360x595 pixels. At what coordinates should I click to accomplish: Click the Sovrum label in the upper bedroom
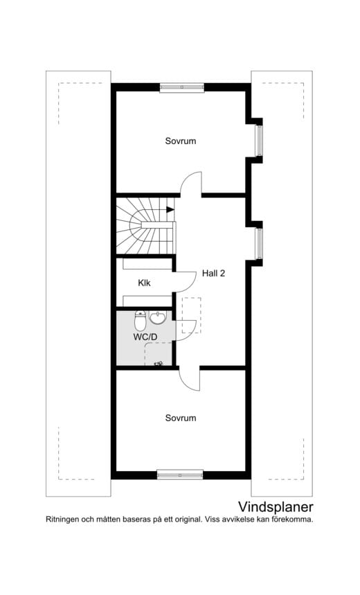coord(181,141)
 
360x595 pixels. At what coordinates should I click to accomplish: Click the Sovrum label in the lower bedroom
coord(181,418)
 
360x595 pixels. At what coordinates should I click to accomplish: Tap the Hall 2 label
coord(213,273)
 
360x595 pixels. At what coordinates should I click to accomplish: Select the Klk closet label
coord(144,283)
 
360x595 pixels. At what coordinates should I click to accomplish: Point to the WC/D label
coord(145,337)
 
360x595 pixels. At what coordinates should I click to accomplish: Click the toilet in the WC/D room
coord(140,321)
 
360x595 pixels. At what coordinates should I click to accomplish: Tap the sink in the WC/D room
coord(157,318)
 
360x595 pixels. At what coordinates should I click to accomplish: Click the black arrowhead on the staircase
coord(170,209)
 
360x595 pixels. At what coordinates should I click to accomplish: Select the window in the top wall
coord(182,87)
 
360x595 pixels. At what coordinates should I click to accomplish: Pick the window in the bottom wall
coord(180,474)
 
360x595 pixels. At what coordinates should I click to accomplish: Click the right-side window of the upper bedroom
coord(259,141)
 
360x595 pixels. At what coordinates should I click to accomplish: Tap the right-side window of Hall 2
coord(259,244)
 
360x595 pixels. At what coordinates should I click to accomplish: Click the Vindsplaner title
coord(276,507)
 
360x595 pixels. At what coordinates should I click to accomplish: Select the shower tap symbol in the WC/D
coord(158,364)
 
